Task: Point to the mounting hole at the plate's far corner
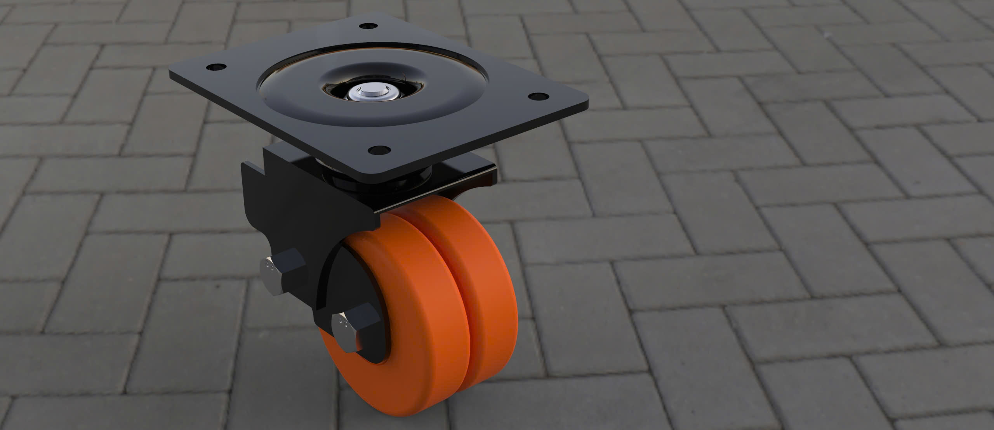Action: pos(368,26)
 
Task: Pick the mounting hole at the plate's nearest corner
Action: pos(379,149)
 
